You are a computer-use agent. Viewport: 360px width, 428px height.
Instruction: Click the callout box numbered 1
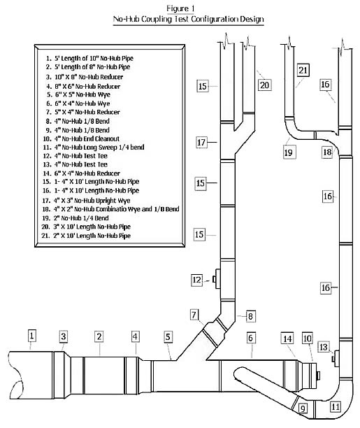click(x=32, y=336)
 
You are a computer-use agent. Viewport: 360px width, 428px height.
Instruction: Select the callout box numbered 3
click(x=64, y=336)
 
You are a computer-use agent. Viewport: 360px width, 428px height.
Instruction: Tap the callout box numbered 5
click(x=168, y=337)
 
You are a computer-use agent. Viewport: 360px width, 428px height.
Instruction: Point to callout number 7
click(x=194, y=315)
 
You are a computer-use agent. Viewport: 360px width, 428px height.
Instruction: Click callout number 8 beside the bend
click(x=250, y=316)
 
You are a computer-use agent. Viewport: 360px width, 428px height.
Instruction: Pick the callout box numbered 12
click(x=197, y=280)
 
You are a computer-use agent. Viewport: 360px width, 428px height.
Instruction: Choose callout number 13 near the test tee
click(x=324, y=347)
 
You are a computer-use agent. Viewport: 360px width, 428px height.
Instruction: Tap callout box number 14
click(x=287, y=338)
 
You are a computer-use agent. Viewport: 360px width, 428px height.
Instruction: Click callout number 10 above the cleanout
click(x=308, y=338)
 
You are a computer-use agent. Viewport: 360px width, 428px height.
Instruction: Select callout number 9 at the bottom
click(x=303, y=408)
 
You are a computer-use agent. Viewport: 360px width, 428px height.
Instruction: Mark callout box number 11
click(x=336, y=407)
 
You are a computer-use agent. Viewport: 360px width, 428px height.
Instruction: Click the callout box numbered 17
click(x=201, y=142)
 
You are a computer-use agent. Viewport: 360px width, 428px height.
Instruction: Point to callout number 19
click(x=289, y=152)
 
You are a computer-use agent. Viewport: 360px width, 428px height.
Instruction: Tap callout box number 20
click(x=264, y=85)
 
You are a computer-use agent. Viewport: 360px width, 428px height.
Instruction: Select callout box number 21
click(x=303, y=71)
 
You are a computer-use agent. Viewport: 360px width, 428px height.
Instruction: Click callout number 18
click(x=327, y=152)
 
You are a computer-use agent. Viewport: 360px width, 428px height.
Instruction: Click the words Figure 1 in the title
click(x=180, y=8)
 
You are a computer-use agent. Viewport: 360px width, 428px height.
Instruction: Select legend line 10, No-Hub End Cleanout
click(x=81, y=138)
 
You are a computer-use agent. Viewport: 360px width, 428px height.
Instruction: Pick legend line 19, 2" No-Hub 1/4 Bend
click(x=75, y=218)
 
